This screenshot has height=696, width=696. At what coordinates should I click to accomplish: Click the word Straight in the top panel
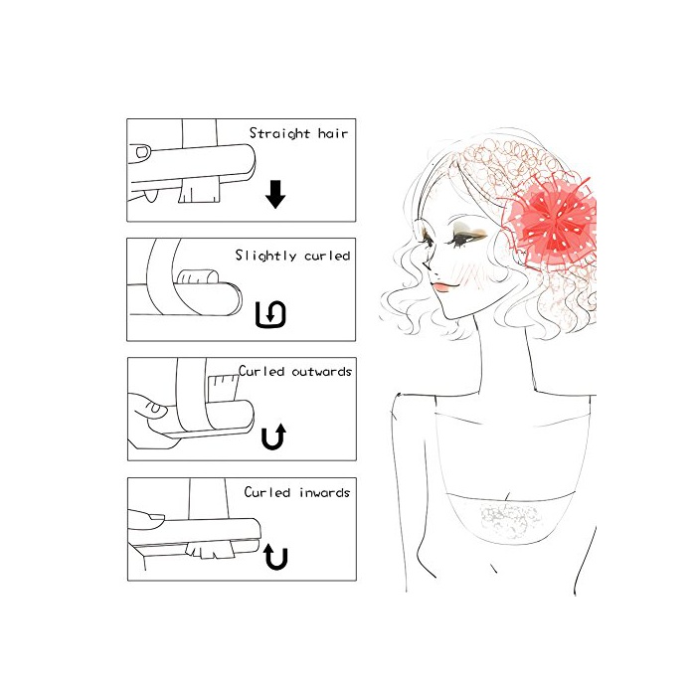[279, 133]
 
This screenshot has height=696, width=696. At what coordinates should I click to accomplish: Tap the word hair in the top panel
[333, 132]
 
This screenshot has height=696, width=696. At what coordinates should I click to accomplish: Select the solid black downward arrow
[275, 194]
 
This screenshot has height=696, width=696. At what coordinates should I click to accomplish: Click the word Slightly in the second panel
[265, 256]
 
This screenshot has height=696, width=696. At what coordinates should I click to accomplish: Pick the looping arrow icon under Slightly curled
[270, 314]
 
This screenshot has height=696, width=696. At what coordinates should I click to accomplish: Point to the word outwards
[321, 371]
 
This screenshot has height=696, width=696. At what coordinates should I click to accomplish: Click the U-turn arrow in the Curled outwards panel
[273, 436]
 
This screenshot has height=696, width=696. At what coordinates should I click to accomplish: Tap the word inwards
[324, 492]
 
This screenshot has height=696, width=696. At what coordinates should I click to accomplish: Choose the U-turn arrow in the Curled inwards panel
[275, 557]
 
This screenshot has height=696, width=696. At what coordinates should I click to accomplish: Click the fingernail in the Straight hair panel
[142, 152]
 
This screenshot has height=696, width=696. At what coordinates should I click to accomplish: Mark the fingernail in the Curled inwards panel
[155, 517]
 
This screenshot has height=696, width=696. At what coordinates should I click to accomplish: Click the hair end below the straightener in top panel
[199, 191]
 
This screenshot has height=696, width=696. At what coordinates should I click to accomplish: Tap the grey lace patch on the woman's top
[509, 518]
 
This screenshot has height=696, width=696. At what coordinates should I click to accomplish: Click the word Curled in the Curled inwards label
[267, 492]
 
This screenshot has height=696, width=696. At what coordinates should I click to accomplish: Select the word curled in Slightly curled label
[327, 256]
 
